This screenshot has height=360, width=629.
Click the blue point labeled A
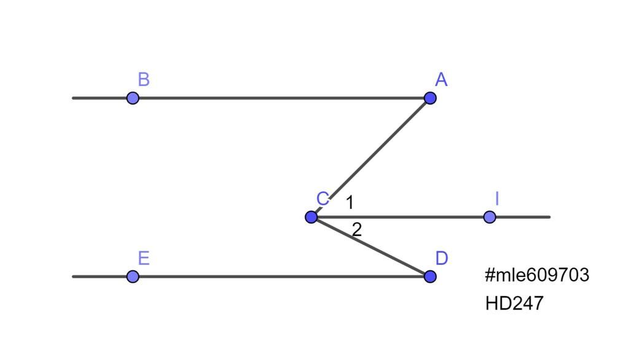point(430,98)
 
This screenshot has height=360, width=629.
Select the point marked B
point(133,98)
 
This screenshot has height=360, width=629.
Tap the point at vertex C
point(311,217)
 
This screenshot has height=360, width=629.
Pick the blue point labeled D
point(430,276)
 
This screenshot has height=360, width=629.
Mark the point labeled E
point(133,276)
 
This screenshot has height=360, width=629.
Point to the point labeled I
point(490,217)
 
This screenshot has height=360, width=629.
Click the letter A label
point(441,79)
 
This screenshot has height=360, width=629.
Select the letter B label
point(144,79)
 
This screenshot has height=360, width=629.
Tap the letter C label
point(323,198)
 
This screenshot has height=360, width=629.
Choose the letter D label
point(442,258)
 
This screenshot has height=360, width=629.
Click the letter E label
point(144,258)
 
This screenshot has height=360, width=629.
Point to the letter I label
point(497,198)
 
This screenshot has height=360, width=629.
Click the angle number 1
point(350,203)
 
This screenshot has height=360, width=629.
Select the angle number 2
point(357,230)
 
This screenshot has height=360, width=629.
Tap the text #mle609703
point(537,275)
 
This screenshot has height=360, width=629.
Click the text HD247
point(514,303)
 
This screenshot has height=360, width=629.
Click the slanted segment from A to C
point(370,157)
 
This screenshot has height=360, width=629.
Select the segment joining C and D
point(370,247)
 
